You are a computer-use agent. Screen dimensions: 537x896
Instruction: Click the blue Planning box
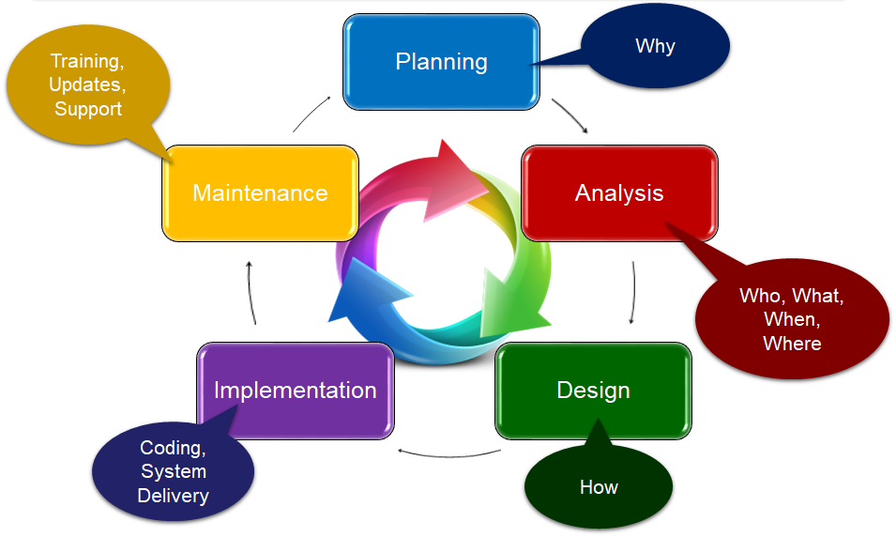[441, 62]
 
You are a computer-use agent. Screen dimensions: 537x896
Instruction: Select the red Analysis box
[619, 192]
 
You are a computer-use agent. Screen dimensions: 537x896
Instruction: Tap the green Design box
[593, 390]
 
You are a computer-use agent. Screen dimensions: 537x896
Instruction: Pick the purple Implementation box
[295, 390]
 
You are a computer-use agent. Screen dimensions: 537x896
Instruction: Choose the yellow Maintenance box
[260, 192]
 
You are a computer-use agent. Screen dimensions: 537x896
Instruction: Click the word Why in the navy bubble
[655, 46]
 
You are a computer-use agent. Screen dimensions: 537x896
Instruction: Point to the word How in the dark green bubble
[599, 487]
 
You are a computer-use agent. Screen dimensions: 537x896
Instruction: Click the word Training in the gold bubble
[87, 61]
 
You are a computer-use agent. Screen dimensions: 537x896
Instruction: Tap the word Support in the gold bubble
[88, 109]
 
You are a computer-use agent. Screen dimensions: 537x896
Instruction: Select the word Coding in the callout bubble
[173, 448]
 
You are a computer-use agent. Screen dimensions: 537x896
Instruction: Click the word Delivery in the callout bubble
[173, 496]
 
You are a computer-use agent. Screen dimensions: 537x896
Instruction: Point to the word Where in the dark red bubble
[792, 344]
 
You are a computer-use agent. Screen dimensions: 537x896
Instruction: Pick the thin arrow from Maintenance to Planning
[312, 111]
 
